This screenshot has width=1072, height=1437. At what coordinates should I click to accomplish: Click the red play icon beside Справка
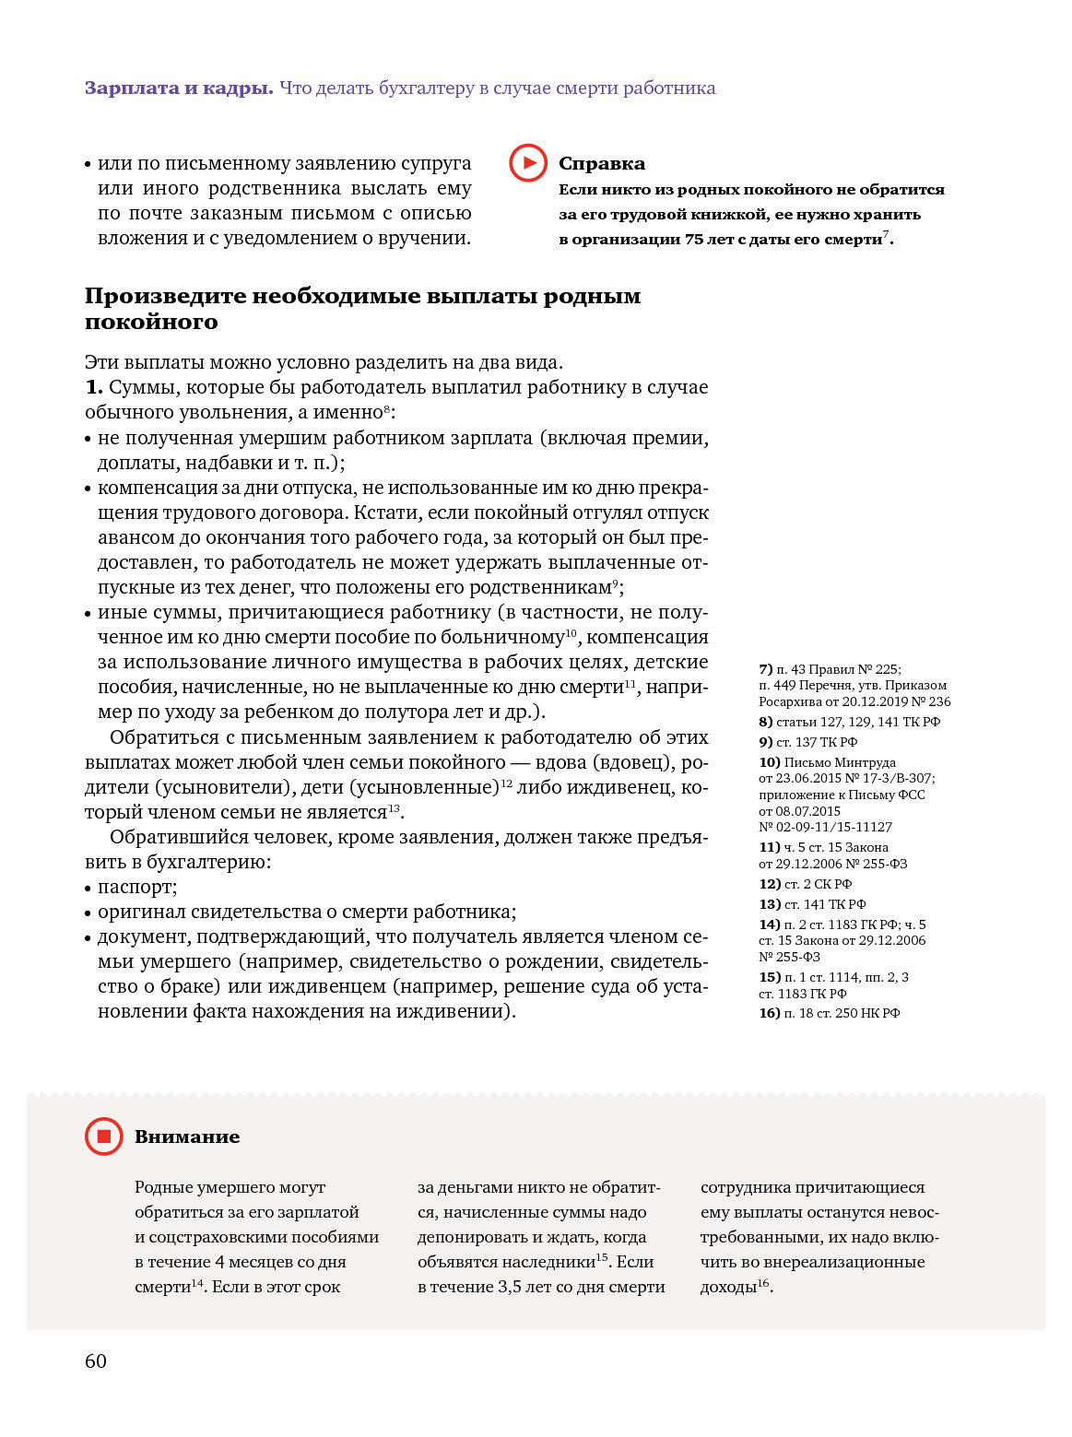click(x=528, y=163)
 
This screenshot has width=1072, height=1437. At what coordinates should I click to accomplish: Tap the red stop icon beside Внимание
click(x=103, y=1137)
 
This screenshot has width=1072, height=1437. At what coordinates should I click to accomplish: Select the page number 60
click(x=96, y=1361)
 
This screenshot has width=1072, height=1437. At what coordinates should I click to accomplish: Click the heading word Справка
click(x=602, y=164)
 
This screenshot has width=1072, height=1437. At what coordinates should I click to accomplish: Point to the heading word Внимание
click(x=187, y=1137)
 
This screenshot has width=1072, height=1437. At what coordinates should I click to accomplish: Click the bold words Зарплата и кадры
click(x=179, y=88)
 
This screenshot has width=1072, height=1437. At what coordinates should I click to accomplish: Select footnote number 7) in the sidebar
click(x=765, y=669)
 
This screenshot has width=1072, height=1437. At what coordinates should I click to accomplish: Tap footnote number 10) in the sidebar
click(x=769, y=762)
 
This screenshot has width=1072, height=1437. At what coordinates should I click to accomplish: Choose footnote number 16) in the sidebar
click(x=769, y=1013)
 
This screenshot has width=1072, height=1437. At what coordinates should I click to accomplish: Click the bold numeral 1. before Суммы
click(x=94, y=387)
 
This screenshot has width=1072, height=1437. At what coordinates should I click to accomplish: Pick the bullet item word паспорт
click(x=135, y=887)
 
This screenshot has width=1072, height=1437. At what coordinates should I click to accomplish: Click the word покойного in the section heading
click(x=151, y=322)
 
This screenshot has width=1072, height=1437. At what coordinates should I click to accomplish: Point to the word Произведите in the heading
click(x=165, y=297)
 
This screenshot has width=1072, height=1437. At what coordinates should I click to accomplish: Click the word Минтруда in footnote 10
click(x=865, y=762)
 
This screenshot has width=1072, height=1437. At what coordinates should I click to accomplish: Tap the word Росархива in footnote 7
click(x=790, y=701)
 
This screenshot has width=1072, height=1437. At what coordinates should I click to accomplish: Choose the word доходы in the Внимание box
click(x=727, y=1287)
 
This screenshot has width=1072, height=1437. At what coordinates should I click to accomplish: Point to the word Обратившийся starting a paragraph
click(x=173, y=837)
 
